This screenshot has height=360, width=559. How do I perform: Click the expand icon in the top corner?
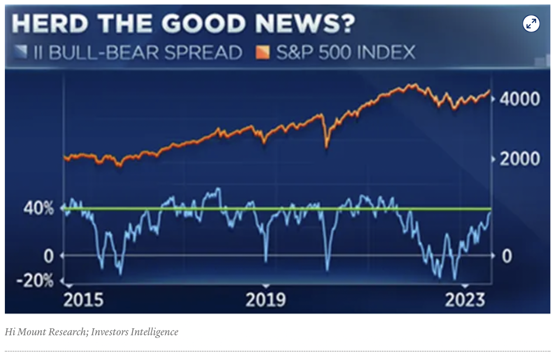tap(531, 23)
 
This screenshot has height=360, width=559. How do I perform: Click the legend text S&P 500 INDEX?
tap(345, 52)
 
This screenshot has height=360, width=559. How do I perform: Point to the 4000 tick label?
tap(520, 99)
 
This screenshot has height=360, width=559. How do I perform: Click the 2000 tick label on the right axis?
tap(520, 159)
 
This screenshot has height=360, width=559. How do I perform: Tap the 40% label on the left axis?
tap(39, 209)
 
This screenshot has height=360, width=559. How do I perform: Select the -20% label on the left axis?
tap(35, 280)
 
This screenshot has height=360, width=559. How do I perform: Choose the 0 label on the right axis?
tap(507, 256)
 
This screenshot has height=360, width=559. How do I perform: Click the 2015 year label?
tap(83, 300)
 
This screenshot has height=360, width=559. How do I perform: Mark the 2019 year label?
tap(266, 300)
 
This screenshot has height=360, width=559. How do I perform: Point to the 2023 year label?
tap(465, 300)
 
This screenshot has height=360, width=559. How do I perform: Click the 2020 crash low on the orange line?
tap(327, 147)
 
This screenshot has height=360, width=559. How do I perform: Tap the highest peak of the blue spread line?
tap(218, 189)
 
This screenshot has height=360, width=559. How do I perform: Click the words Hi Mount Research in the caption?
tap(46, 331)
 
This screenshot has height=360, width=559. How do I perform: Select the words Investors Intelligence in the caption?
tap(134, 331)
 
